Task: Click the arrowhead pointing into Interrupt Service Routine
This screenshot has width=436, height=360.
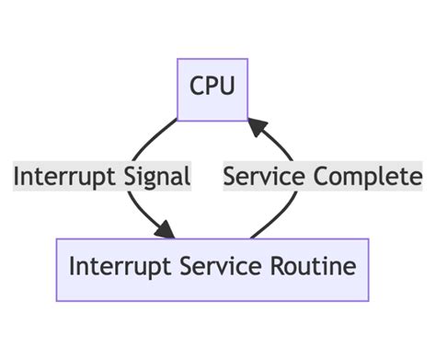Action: pyautogui.click(x=168, y=231)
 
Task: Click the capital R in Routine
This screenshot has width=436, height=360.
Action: pyautogui.click(x=277, y=269)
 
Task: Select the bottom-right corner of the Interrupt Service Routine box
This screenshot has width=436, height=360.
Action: pyautogui.click(x=368, y=300)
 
